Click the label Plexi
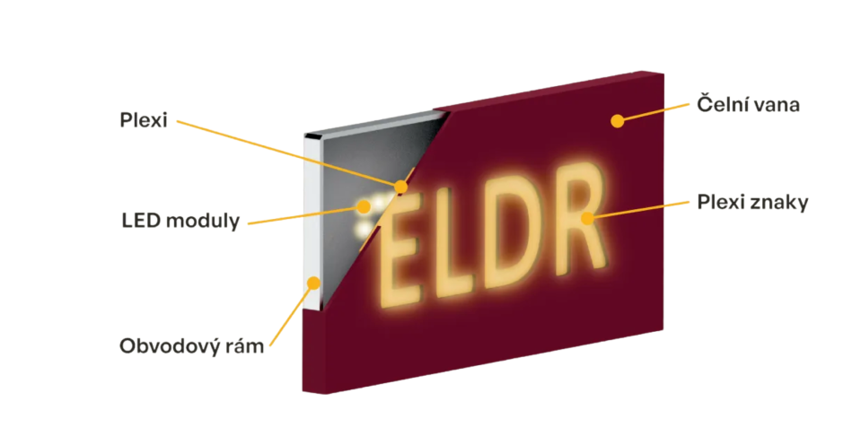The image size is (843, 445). pos(144,120)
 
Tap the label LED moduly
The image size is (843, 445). pos(180,221)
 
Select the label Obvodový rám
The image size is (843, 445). pos(192,345)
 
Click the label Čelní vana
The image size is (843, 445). pos(748,105)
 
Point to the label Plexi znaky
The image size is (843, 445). pos(752,203)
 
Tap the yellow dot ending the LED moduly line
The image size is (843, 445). pos(364,206)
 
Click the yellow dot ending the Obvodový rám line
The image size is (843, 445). pos(312,283)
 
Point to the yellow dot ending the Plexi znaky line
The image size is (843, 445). pos(588,216)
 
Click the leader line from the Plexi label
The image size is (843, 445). pos(287,153)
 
